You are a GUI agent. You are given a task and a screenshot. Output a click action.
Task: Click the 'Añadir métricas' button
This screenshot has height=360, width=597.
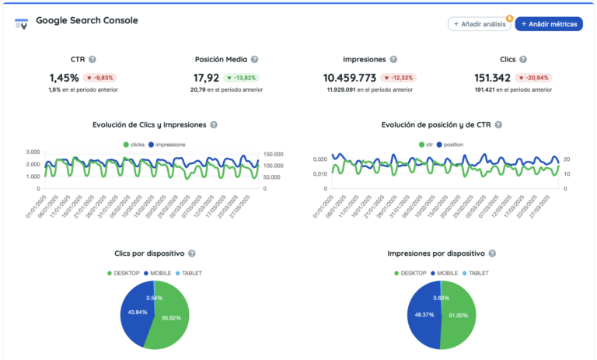[549, 24]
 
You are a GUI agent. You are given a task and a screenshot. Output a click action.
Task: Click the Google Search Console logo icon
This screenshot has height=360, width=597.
[22, 24]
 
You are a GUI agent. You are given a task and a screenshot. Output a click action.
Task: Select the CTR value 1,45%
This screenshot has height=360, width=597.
[64, 78]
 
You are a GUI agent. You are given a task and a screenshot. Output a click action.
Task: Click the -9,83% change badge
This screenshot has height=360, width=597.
[100, 78]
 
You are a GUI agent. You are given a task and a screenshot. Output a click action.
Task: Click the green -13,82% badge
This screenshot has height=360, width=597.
[241, 78]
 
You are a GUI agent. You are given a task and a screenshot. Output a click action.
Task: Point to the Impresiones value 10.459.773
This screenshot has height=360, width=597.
[349, 78]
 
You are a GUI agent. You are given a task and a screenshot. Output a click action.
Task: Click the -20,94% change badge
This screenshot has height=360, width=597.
[534, 78]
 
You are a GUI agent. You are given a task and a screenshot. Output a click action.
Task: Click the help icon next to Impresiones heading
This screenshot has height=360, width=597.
[393, 59]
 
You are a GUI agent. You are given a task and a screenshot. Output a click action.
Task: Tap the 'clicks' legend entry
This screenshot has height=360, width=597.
[133, 145]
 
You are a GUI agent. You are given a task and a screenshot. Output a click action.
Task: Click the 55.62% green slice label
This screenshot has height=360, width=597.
[172, 318]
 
